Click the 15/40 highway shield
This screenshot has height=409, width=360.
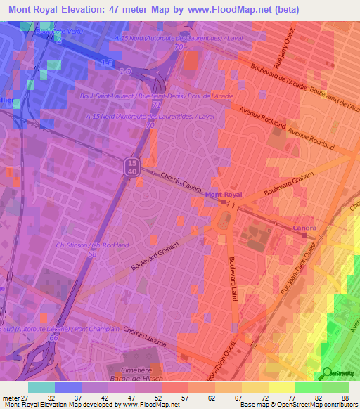[x=131, y=167]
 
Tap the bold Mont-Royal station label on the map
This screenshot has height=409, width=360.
[x=224, y=194]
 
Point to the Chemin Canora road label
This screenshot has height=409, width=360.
[x=182, y=183]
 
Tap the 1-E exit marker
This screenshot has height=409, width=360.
[x=106, y=64]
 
